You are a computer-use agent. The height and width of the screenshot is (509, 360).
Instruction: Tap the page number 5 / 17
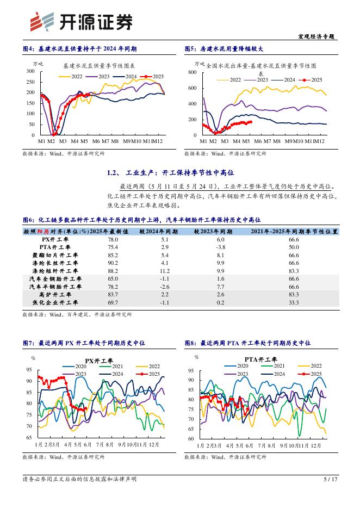coord(331,479)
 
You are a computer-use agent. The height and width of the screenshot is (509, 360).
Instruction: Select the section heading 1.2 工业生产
coord(170,173)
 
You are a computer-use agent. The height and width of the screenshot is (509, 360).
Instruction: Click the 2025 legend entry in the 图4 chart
coord(153,77)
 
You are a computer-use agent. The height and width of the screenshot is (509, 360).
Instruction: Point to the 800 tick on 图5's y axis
coord(192,72)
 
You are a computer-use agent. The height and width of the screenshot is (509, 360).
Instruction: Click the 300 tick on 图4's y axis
coord(30,71)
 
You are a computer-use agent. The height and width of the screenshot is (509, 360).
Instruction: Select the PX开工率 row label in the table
coord(55,239)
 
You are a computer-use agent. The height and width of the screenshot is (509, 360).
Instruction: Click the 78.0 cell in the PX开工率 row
coord(113,239)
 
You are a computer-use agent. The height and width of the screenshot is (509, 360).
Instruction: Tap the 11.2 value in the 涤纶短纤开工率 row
coord(165,270)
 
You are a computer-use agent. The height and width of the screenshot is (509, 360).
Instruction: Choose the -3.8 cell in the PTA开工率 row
coord(220,247)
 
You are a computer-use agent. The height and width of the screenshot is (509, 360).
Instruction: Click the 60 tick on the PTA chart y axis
coord(191,438)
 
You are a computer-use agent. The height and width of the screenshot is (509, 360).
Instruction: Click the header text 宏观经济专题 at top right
coord(318,36)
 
